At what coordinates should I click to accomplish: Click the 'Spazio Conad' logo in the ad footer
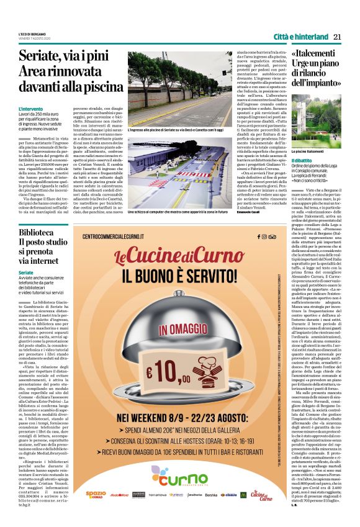click(x=96, y=495)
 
